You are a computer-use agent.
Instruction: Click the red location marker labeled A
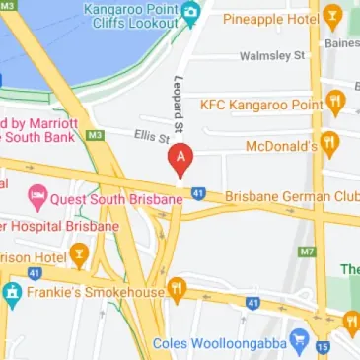(180, 158)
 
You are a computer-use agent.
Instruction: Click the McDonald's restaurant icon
(330, 145)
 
